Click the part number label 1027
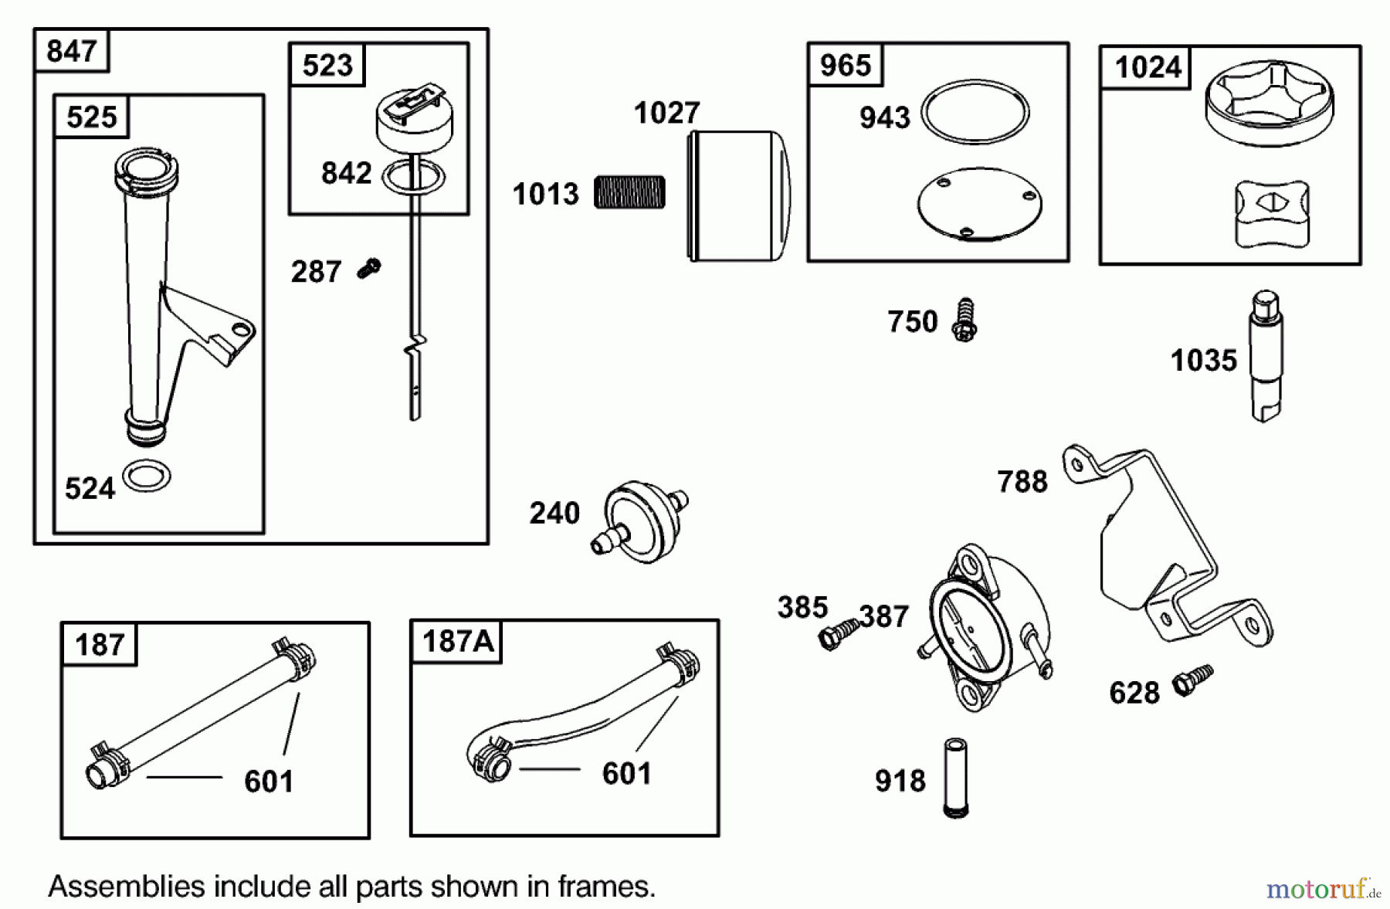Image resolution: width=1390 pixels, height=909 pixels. pos(666,114)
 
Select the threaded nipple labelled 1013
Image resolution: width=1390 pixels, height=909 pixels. pos(629,193)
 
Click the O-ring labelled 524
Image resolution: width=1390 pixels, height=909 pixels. pos(147,476)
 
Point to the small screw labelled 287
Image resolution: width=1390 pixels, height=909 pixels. pos(370,269)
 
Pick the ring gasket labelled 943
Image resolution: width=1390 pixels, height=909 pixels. pos(975,112)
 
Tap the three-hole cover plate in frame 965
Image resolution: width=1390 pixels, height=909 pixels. pos(979,204)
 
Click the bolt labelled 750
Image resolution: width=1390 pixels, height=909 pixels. pos(965,320)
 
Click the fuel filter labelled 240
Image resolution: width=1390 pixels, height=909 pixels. pos(639,521)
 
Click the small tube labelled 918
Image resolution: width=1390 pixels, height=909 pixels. pos(956,778)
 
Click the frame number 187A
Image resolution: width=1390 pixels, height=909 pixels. pos(457,641)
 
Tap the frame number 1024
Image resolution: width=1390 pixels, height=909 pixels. pos(1148,67)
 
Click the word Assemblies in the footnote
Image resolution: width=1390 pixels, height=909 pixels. pos(126,886)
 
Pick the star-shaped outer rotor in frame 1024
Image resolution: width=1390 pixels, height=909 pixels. pos(1269,103)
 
